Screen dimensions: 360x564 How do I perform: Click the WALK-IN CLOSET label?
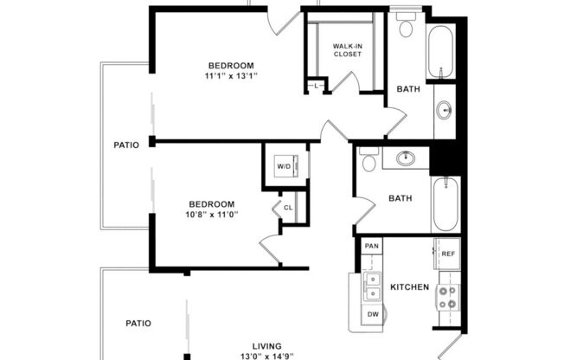coord(348,49)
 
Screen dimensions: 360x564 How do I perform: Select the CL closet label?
coord(288,208)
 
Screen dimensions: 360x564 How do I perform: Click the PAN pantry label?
coord(371,247)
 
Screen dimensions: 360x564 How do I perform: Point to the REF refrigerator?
coord(448,254)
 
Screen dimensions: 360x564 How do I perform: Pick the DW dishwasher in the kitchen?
coord(373,313)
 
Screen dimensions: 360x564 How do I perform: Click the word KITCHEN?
coord(409,286)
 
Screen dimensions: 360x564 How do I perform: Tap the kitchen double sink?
coord(373,282)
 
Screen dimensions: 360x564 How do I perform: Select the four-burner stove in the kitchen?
coord(447,298)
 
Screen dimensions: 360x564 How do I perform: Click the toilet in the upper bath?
coord(406,26)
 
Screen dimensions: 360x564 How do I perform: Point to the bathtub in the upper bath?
coord(441,52)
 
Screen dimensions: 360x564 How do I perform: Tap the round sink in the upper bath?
coord(445,110)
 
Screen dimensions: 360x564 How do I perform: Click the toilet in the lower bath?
coord(369,162)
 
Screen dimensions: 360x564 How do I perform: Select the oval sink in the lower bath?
coord(405,158)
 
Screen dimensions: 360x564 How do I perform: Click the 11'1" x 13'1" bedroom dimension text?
coord(232,76)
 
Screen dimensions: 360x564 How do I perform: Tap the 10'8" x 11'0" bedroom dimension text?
coord(211,214)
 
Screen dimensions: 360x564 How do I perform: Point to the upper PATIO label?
coord(126,145)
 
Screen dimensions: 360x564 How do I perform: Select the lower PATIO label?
coord(138,323)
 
